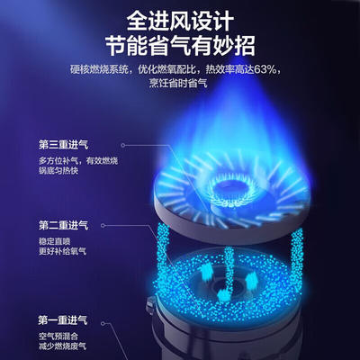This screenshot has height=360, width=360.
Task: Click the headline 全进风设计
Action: pos(180,21)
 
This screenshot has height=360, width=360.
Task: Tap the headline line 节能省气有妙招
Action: pos(180,46)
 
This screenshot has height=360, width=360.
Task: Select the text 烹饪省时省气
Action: pos(178,83)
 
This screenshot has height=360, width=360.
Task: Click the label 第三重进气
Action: pos(64,145)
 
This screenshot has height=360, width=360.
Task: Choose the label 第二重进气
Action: pos(64,225)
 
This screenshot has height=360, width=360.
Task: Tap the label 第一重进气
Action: pos(63,320)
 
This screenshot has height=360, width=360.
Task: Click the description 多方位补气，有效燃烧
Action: pos(78,161)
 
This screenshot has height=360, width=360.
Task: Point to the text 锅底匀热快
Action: pos(58,171)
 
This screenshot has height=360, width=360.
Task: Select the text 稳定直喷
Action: pos(55,241)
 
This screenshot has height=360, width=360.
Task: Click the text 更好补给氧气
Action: pos(62,251)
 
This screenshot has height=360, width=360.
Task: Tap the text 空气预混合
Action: pos(58,336)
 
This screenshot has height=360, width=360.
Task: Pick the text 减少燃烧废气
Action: pos(62,346)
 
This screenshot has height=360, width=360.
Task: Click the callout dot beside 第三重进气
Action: pos(123,145)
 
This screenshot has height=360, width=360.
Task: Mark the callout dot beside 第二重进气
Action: pos(103,225)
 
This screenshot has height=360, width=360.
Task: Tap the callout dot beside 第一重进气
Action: pos(103,324)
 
